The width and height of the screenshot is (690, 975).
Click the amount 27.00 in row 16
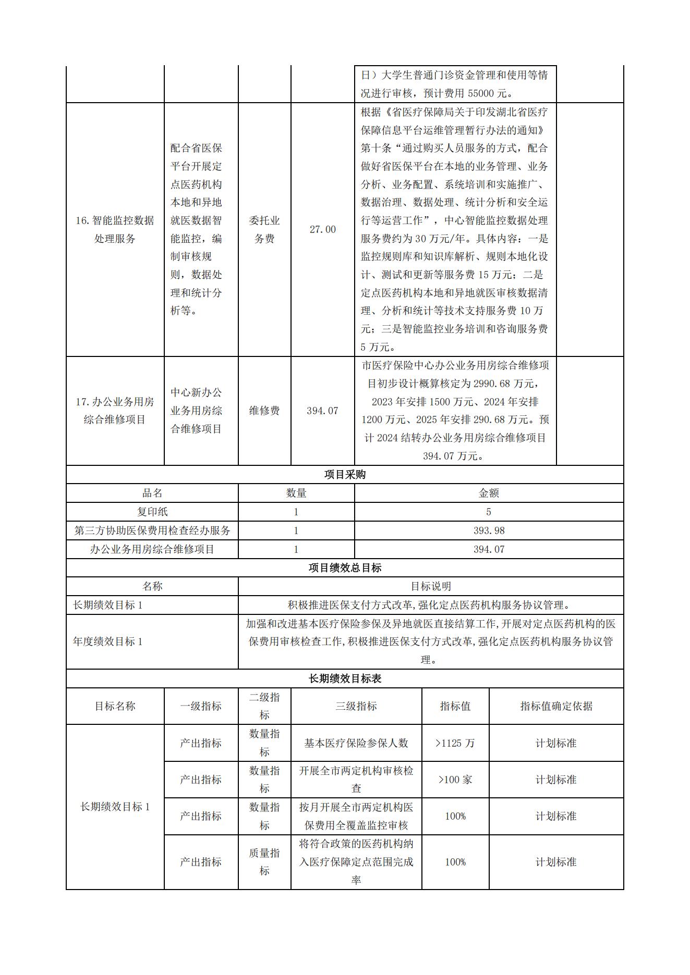[322, 229]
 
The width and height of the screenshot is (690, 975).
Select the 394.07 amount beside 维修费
[322, 411]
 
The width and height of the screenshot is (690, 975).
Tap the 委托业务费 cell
[264, 229]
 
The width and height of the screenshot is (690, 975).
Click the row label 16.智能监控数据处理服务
[115, 229]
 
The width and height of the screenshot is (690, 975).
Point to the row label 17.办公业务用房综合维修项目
[115, 411]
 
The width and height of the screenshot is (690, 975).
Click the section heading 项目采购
[345, 475]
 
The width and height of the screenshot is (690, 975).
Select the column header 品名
[152, 493]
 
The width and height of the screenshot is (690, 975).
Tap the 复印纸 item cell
[152, 512]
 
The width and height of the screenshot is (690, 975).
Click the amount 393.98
[489, 530]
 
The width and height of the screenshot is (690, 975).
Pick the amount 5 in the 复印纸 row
[489, 512]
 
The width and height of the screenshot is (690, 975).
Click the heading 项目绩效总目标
[345, 567]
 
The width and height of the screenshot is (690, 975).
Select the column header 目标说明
[431, 586]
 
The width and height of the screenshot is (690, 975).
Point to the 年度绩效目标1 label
[108, 641]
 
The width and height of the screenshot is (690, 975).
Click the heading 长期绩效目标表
[345, 678]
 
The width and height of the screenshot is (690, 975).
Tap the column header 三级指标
[356, 706]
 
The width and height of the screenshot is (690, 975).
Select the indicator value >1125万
[455, 743]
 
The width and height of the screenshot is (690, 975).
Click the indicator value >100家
[455, 780]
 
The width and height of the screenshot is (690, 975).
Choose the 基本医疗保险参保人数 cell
[356, 743]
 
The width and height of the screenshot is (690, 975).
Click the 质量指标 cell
[264, 862]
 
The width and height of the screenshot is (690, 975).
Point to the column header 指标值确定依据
[556, 706]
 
